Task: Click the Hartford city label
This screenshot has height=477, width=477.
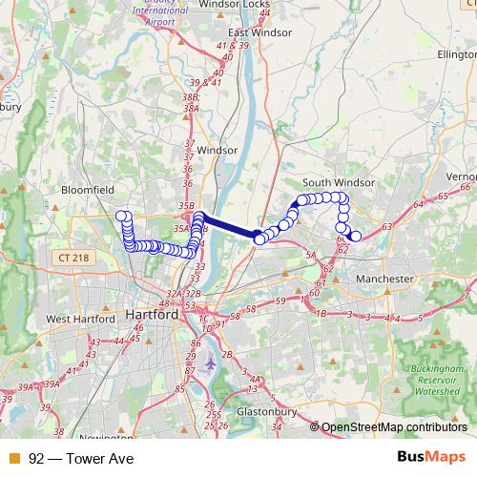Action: (152, 314)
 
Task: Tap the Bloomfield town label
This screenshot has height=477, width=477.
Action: (87, 190)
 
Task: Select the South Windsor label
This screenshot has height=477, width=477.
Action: (339, 182)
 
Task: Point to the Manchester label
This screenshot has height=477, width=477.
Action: (384, 279)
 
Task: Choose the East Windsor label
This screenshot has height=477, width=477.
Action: (257, 31)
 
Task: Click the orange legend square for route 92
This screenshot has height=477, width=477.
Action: (12, 458)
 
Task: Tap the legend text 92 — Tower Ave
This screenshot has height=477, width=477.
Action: (81, 458)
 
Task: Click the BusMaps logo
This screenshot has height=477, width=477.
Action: (437, 457)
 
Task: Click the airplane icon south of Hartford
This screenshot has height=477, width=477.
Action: (211, 363)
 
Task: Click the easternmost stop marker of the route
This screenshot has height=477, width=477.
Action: (356, 236)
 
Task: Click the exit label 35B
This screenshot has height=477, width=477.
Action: (185, 205)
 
